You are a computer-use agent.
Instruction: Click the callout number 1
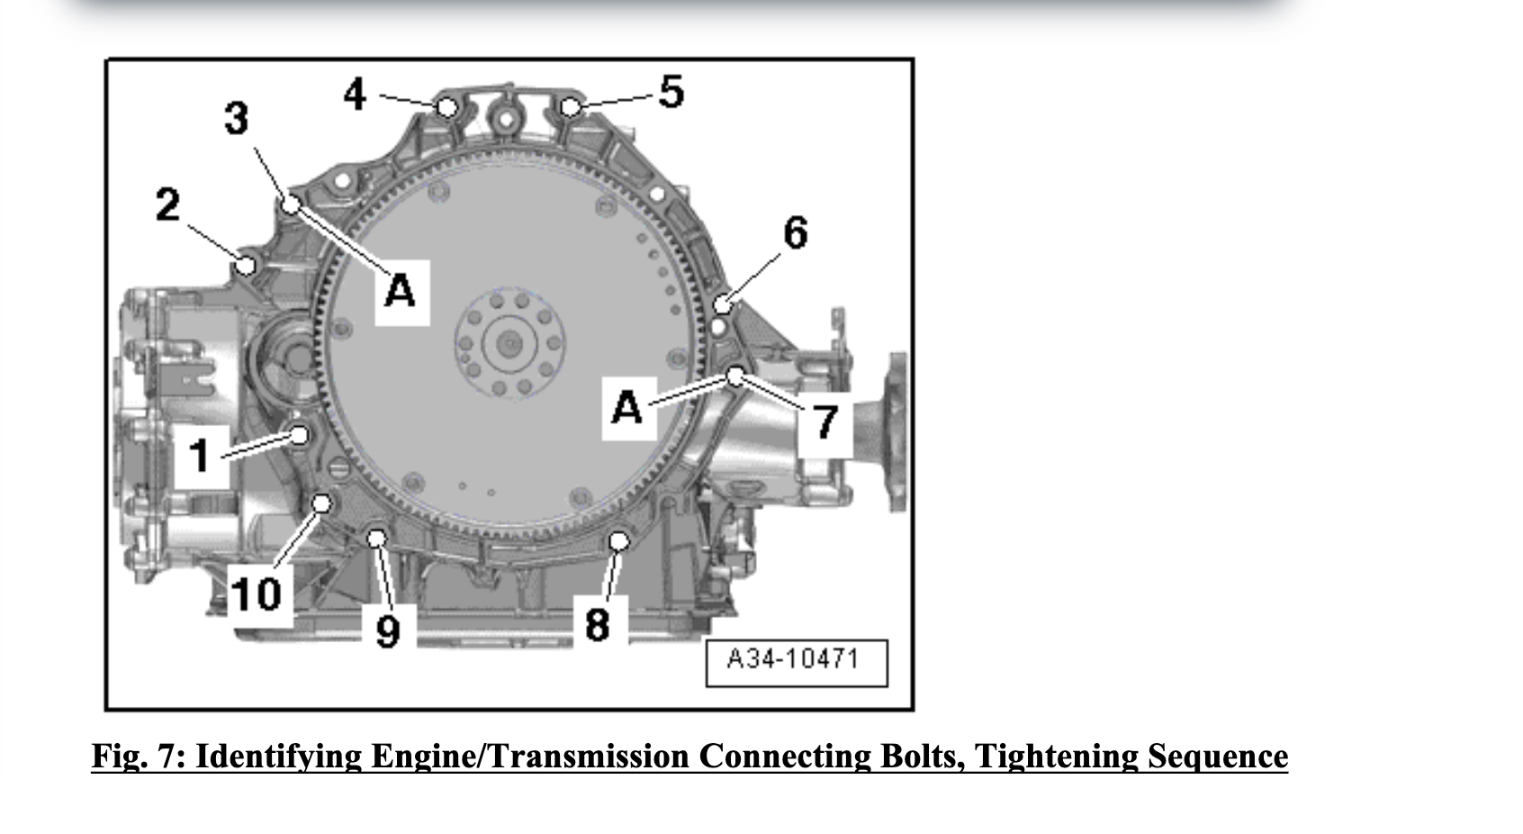click(200, 455)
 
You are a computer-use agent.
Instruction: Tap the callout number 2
click(167, 205)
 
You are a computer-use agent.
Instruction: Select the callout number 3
click(236, 119)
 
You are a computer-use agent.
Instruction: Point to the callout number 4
click(355, 94)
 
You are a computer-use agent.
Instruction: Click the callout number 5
click(671, 92)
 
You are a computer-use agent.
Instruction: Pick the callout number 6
click(796, 232)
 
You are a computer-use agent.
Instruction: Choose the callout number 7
click(825, 422)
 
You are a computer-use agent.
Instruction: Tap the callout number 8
click(597, 624)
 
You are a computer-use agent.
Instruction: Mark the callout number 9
click(387, 630)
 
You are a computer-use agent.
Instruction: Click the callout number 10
click(257, 594)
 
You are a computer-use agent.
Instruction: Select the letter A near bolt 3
click(401, 291)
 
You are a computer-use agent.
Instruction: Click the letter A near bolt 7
click(627, 407)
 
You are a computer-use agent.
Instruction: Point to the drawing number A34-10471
click(793, 659)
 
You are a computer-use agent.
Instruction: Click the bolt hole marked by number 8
click(618, 540)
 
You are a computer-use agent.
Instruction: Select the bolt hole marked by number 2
click(245, 265)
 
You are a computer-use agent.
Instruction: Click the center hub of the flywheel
click(509, 342)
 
